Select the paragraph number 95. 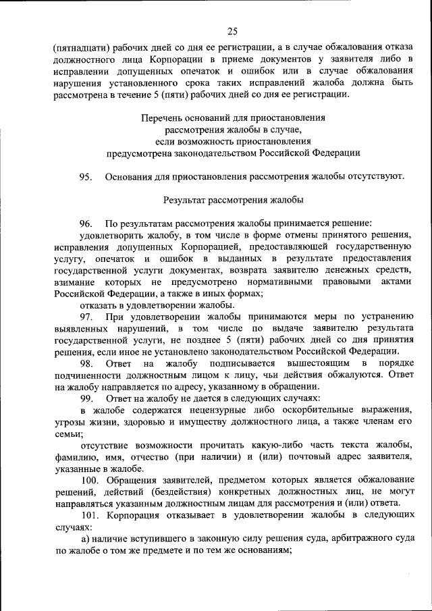click(x=85, y=177)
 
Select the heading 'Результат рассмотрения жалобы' click(x=233, y=200)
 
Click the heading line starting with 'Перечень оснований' click(x=233, y=117)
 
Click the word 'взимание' click(x=76, y=280)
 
